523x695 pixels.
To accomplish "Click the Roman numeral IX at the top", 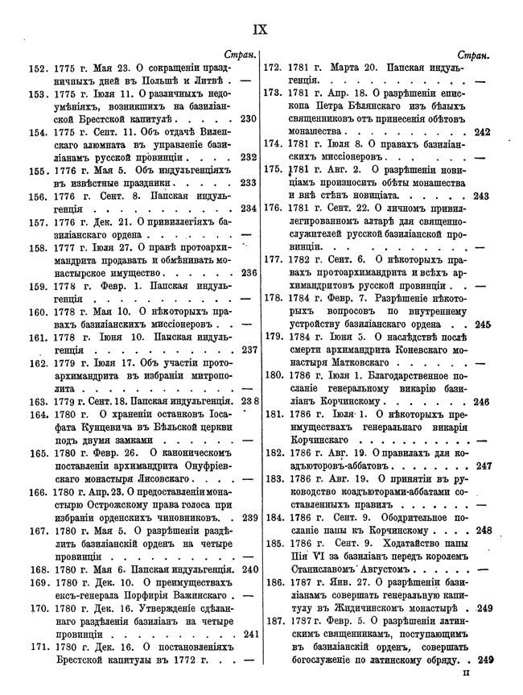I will point(260,29).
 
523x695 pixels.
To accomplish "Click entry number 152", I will point(36,68).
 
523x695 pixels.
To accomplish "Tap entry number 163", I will point(36,401).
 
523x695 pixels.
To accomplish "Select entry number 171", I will point(36,647).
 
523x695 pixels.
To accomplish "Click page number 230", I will point(248,119).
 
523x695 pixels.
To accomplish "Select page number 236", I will point(248,273).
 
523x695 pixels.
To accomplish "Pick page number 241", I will point(248,634).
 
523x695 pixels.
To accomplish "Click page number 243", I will point(482,196).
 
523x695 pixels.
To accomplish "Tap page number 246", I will point(482,401).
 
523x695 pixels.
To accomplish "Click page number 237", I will point(248,350).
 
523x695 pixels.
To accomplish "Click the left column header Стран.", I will point(239,55).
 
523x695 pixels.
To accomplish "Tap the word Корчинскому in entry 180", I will point(339,401).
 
